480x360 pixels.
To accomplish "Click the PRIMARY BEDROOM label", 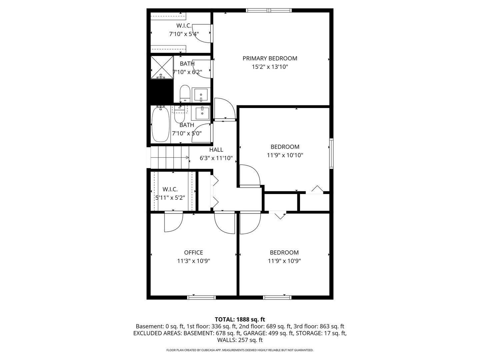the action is point(270,58).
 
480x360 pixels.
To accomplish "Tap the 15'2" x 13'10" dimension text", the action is point(270,67).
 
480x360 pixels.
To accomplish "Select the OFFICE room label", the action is point(193,252).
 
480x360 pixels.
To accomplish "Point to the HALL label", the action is point(216,150).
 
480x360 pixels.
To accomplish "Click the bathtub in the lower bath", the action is point(161,124).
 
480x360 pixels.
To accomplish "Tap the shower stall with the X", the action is point(162,68).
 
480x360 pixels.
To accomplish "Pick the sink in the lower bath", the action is point(201,113).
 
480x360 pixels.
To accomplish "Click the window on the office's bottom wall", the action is point(201,297).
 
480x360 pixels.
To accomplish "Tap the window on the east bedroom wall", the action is point(331,153).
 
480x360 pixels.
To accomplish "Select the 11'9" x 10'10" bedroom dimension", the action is point(285,155).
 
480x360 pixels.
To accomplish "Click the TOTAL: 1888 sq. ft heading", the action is point(240,319).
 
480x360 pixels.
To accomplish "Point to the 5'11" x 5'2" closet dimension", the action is point(170,198).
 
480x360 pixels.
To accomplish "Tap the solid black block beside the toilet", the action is point(161,92).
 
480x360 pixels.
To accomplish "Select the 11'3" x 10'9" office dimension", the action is point(194,261).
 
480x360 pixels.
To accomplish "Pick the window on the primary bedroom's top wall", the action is point(269,10).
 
